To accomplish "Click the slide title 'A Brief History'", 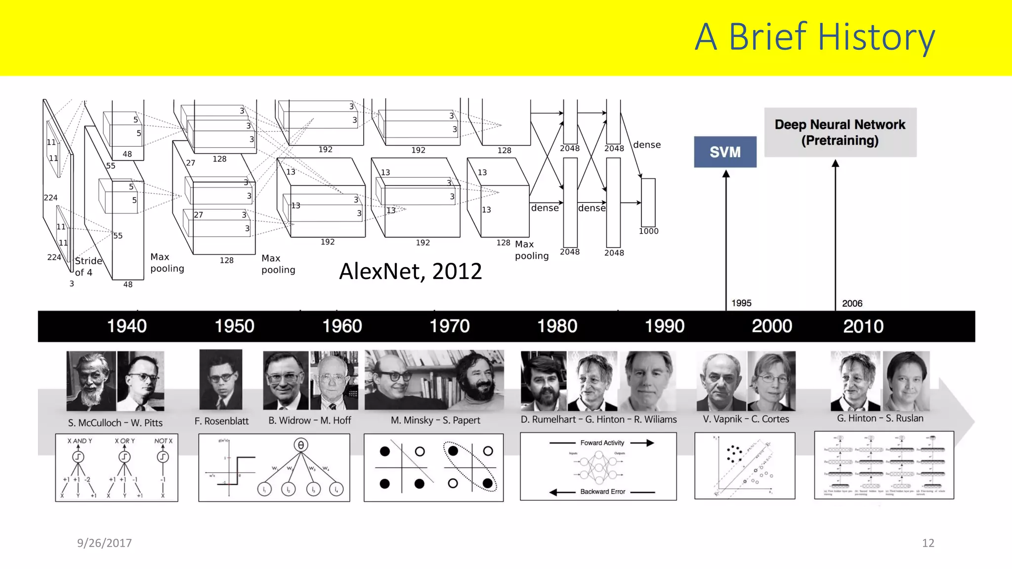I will (x=814, y=37).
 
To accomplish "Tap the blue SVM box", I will (x=725, y=152).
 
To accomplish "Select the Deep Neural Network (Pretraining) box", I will (x=840, y=132).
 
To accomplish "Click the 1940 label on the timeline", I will (x=127, y=326).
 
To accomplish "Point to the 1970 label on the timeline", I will (x=450, y=326).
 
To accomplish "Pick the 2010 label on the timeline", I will (x=863, y=326).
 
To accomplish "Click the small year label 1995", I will (x=741, y=303).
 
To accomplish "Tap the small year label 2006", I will (x=852, y=303).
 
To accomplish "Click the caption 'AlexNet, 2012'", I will (x=410, y=271).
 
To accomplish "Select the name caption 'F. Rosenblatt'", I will (x=221, y=421).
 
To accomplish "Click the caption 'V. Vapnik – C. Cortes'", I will (x=746, y=419).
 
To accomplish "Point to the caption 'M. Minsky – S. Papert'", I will (x=435, y=420).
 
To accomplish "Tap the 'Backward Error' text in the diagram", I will (x=603, y=491).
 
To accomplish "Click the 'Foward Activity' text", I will (x=602, y=443).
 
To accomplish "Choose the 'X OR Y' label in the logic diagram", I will (x=125, y=441).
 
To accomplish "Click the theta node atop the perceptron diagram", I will (x=300, y=445).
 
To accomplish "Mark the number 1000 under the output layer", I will (x=648, y=231).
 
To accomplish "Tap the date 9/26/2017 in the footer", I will (x=104, y=543).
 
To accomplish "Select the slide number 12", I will (x=928, y=543).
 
